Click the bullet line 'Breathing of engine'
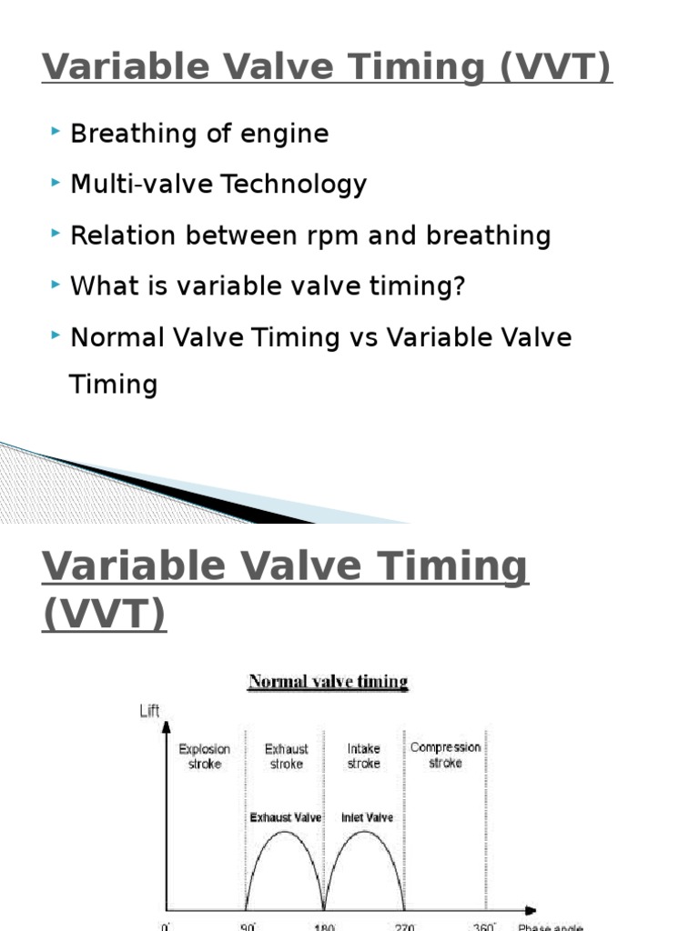[x=199, y=135]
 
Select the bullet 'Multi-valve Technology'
[x=218, y=185]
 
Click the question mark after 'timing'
[x=460, y=287]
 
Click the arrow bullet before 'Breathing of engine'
[x=56, y=133]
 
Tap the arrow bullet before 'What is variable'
[x=56, y=285]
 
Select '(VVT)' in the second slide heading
[x=104, y=614]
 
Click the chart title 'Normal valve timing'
[x=329, y=682]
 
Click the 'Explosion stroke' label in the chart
[x=205, y=756]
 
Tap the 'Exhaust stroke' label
[x=287, y=756]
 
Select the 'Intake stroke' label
[x=363, y=756]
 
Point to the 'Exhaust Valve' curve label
[x=286, y=818]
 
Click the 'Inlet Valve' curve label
[x=367, y=818]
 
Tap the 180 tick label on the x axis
[x=325, y=926]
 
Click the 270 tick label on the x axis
[x=405, y=926]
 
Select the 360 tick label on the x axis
[x=486, y=926]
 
